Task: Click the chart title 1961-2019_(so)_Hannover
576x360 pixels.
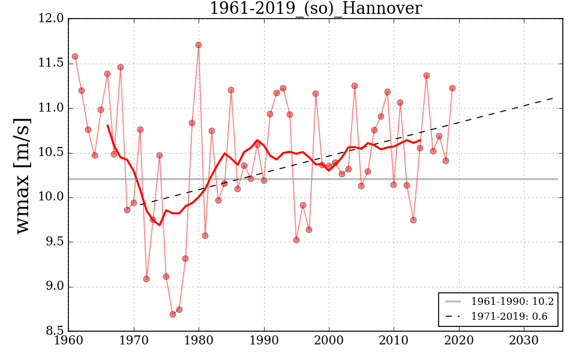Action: [x=316, y=8]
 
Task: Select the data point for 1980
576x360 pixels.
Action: [x=199, y=45]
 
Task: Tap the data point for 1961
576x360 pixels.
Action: [x=75, y=56]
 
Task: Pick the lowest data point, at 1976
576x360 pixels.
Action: [x=173, y=314]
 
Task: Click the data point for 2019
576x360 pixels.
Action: [x=452, y=88]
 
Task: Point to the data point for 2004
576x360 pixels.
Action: [x=355, y=86]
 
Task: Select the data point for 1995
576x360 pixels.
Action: [x=296, y=240]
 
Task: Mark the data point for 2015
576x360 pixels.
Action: [x=427, y=76]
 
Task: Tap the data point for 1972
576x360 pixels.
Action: [x=146, y=279]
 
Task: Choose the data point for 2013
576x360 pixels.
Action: [x=413, y=220]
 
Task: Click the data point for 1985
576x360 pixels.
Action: [x=231, y=90]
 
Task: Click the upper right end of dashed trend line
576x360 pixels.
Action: [x=553, y=97]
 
